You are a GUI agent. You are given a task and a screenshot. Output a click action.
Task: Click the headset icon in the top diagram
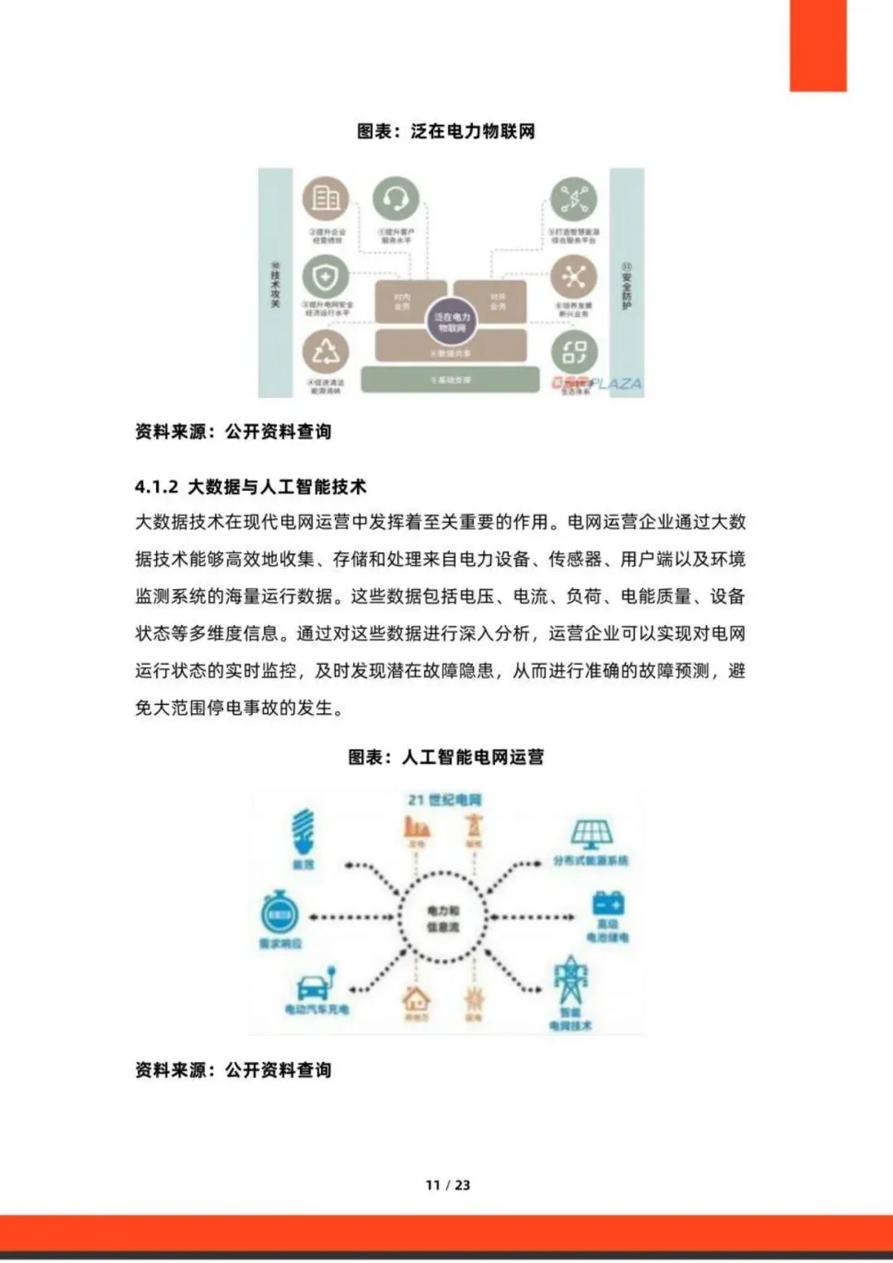coord(396,199)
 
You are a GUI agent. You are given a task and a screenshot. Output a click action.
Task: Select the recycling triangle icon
coord(325,352)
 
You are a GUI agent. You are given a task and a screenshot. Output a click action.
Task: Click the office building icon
coord(325,199)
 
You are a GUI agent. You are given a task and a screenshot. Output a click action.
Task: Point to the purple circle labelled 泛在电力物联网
coord(451,322)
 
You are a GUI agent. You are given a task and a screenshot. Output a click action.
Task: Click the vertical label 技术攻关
coord(275,285)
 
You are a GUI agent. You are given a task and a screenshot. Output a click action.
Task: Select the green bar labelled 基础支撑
coord(451,379)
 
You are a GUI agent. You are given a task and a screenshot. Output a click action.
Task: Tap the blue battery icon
coord(609,903)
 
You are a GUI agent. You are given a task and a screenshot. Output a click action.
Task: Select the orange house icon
coord(416,998)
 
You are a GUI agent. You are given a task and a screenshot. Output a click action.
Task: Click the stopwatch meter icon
coord(279,913)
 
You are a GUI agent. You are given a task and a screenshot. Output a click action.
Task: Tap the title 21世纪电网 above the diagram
coord(445,799)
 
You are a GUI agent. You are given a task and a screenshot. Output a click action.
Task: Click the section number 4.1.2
coord(156,487)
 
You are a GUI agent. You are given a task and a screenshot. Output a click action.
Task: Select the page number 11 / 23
coord(447,1184)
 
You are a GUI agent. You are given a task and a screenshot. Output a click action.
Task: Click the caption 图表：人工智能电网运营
coord(446,756)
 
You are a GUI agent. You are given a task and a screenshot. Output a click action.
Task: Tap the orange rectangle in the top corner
coord(818,45)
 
